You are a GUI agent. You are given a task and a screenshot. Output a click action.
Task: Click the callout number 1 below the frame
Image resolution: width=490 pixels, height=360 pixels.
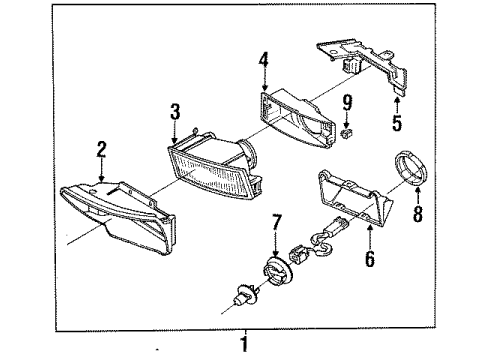click(244, 344)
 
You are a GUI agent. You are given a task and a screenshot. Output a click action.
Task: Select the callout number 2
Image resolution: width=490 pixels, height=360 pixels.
click(101, 149)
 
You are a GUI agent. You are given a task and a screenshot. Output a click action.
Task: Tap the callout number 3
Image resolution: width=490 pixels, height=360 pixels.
click(175, 111)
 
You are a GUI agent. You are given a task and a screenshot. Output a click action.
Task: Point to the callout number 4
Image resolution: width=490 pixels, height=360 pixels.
click(264, 60)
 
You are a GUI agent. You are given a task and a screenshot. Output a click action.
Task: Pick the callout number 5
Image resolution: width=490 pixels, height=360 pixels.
click(397, 123)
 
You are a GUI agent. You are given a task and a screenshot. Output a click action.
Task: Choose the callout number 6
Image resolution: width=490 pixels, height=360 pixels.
click(370, 259)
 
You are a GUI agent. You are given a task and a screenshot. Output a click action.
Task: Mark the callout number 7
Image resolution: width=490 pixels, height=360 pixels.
click(277, 222)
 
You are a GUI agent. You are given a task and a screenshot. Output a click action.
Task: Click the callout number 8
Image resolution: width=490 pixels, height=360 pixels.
click(418, 213)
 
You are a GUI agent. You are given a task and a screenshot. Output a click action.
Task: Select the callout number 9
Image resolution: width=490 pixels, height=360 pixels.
click(347, 102)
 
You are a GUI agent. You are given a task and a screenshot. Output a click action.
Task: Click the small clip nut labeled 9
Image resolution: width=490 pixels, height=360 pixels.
click(347, 134)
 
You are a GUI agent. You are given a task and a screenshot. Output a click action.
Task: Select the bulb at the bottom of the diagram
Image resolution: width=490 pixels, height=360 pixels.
click(245, 296)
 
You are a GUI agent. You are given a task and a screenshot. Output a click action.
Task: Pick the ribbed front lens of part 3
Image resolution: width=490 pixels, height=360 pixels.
click(208, 175)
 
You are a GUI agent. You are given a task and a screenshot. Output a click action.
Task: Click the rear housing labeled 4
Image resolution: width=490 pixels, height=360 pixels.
click(297, 117)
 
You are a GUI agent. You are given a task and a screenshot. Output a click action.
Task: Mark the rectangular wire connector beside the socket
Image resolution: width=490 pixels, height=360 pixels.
click(299, 254)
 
